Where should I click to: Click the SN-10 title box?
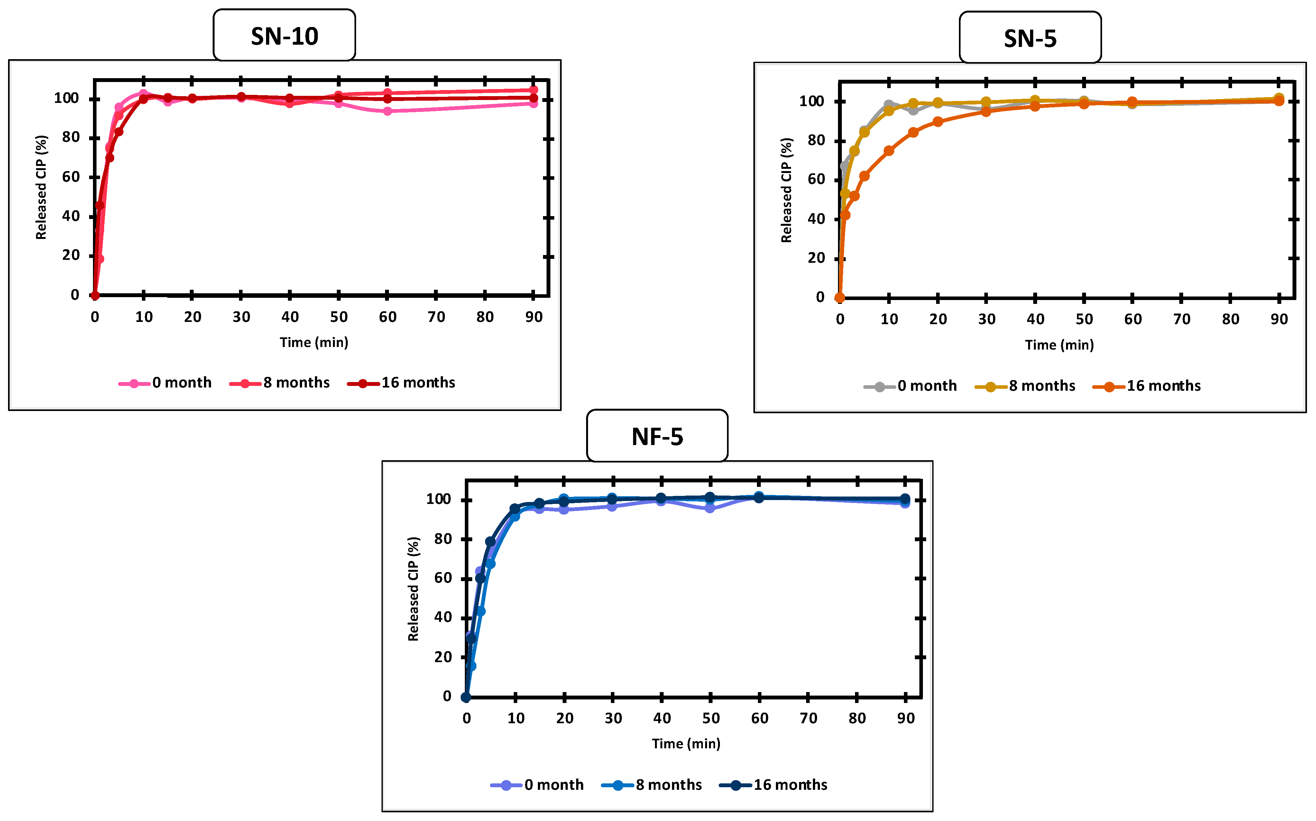coord(284,36)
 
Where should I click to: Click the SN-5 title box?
coord(1030,38)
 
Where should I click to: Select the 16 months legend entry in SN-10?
coord(401,383)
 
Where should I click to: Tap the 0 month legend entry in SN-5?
coord(910,386)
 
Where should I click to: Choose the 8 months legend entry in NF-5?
coord(652,785)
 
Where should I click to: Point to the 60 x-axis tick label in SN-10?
coord(387,317)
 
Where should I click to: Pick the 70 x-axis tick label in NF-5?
coord(808,718)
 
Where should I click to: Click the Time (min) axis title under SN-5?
coord(1059,345)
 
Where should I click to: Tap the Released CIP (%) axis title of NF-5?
coord(413,589)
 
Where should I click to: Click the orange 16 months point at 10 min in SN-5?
coord(888,151)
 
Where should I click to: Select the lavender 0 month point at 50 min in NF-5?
coord(710,508)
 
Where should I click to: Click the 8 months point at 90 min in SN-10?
coord(533,90)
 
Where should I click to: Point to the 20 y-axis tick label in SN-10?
coord(70,255)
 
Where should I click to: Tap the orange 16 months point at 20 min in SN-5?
coord(937,122)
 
